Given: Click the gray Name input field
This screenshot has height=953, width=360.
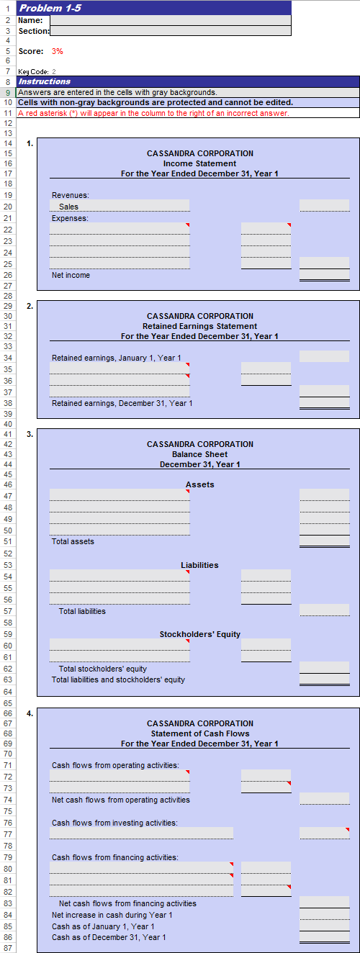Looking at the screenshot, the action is click(x=170, y=20).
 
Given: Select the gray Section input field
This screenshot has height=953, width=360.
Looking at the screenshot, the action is click(x=170, y=31).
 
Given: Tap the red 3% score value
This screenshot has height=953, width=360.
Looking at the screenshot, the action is click(x=58, y=51).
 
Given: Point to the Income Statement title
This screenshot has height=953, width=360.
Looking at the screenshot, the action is click(x=199, y=163).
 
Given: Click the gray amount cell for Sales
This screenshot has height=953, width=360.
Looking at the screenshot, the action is click(x=324, y=206).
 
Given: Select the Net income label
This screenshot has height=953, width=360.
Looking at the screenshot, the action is click(x=71, y=275).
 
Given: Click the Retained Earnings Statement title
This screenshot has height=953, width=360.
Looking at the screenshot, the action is click(x=199, y=326).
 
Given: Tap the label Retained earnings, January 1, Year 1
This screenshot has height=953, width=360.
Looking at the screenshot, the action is click(x=116, y=358).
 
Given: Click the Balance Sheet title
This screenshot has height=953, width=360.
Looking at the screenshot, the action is click(x=199, y=454).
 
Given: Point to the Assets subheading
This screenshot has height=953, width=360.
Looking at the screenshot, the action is click(x=199, y=484).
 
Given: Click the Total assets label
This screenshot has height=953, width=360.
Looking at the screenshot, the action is click(x=72, y=541).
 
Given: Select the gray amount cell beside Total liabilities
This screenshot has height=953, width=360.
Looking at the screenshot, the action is click(x=324, y=610).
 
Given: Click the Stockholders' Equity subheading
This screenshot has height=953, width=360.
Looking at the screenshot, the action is click(x=199, y=634).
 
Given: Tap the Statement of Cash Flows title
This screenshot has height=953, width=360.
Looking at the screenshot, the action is click(x=199, y=733).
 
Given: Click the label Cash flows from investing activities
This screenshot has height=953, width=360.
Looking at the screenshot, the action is click(x=114, y=823).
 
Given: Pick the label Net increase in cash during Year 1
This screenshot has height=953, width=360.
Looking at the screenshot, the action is click(x=112, y=915).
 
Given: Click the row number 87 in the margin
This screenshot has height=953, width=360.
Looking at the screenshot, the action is click(x=6, y=948).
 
